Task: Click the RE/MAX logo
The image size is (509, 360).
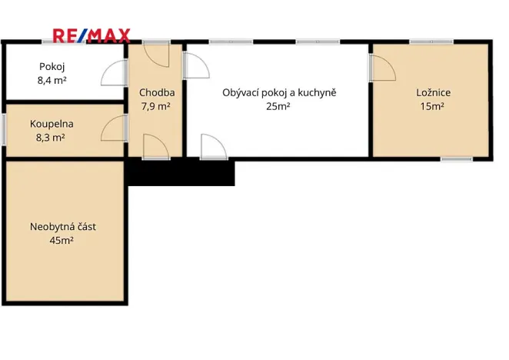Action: click(91, 35)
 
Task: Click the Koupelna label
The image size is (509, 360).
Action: click(52, 125)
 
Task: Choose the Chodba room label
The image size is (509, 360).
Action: click(157, 93)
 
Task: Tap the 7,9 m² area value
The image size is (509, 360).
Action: click(155, 106)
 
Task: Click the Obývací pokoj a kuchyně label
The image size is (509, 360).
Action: click(279, 93)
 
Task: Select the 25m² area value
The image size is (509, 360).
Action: click(278, 106)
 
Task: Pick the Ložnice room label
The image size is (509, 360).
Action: click(433, 93)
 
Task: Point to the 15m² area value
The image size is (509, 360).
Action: click(432, 106)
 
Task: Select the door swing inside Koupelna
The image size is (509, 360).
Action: click(114, 128)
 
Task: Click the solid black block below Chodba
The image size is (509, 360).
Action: click(181, 172)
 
